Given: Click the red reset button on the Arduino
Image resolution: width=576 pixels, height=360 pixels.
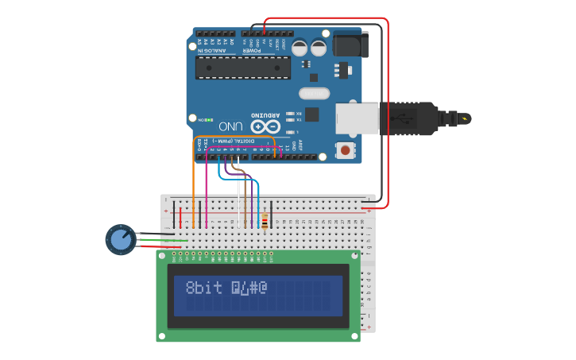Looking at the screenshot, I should (345, 149).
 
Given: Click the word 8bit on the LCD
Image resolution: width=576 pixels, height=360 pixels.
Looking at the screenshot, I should (204, 288).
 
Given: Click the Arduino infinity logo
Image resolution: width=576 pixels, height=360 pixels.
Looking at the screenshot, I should (265, 126).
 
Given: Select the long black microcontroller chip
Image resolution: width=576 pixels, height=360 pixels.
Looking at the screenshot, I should (243, 68).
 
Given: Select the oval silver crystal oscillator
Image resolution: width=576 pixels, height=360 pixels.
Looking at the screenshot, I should (314, 94).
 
